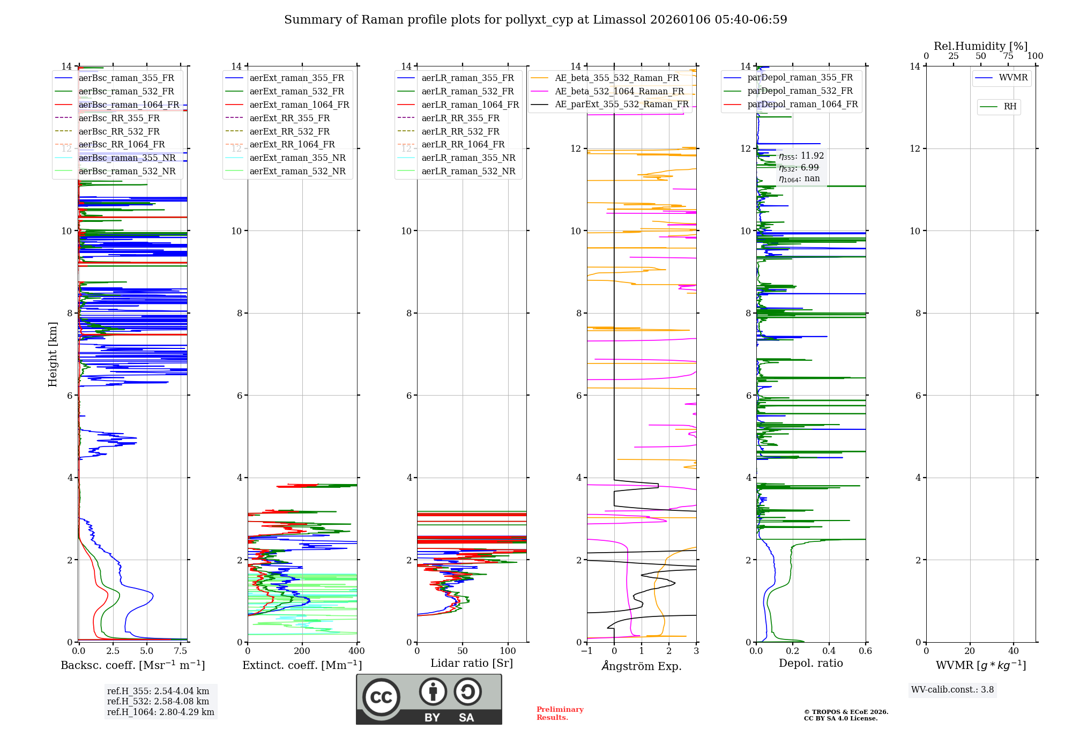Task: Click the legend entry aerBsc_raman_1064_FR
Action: tap(129, 105)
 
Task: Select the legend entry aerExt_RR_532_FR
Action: tap(289, 131)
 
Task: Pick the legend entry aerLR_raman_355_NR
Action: tap(468, 158)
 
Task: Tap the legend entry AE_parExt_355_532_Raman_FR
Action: tap(621, 104)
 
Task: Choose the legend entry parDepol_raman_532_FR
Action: tap(800, 91)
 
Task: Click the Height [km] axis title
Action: tap(53, 354)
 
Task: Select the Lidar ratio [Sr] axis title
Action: tap(472, 663)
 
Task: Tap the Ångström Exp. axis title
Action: tap(642, 666)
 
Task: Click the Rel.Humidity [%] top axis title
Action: tap(980, 46)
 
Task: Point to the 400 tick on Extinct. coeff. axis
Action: tap(357, 651)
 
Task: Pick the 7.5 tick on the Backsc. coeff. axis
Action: tap(181, 651)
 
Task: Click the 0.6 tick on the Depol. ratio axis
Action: tap(865, 651)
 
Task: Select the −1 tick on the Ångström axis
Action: tap(587, 651)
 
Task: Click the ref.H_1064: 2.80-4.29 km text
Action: tap(160, 712)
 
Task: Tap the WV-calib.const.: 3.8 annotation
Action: tap(952, 690)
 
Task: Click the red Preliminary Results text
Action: tap(560, 713)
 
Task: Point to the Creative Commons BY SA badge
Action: tap(429, 699)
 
